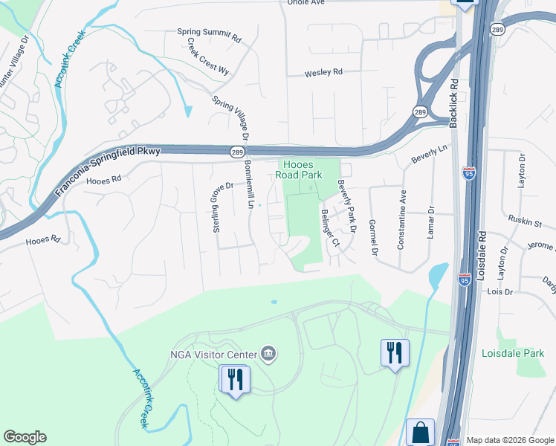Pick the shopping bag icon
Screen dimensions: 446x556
[420, 432]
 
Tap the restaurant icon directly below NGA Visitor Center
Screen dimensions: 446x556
[235, 379]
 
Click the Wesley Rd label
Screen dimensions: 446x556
[323, 73]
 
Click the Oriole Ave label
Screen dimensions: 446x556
[307, 3]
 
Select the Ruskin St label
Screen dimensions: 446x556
[526, 222]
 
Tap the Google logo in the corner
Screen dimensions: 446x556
[25, 437]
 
